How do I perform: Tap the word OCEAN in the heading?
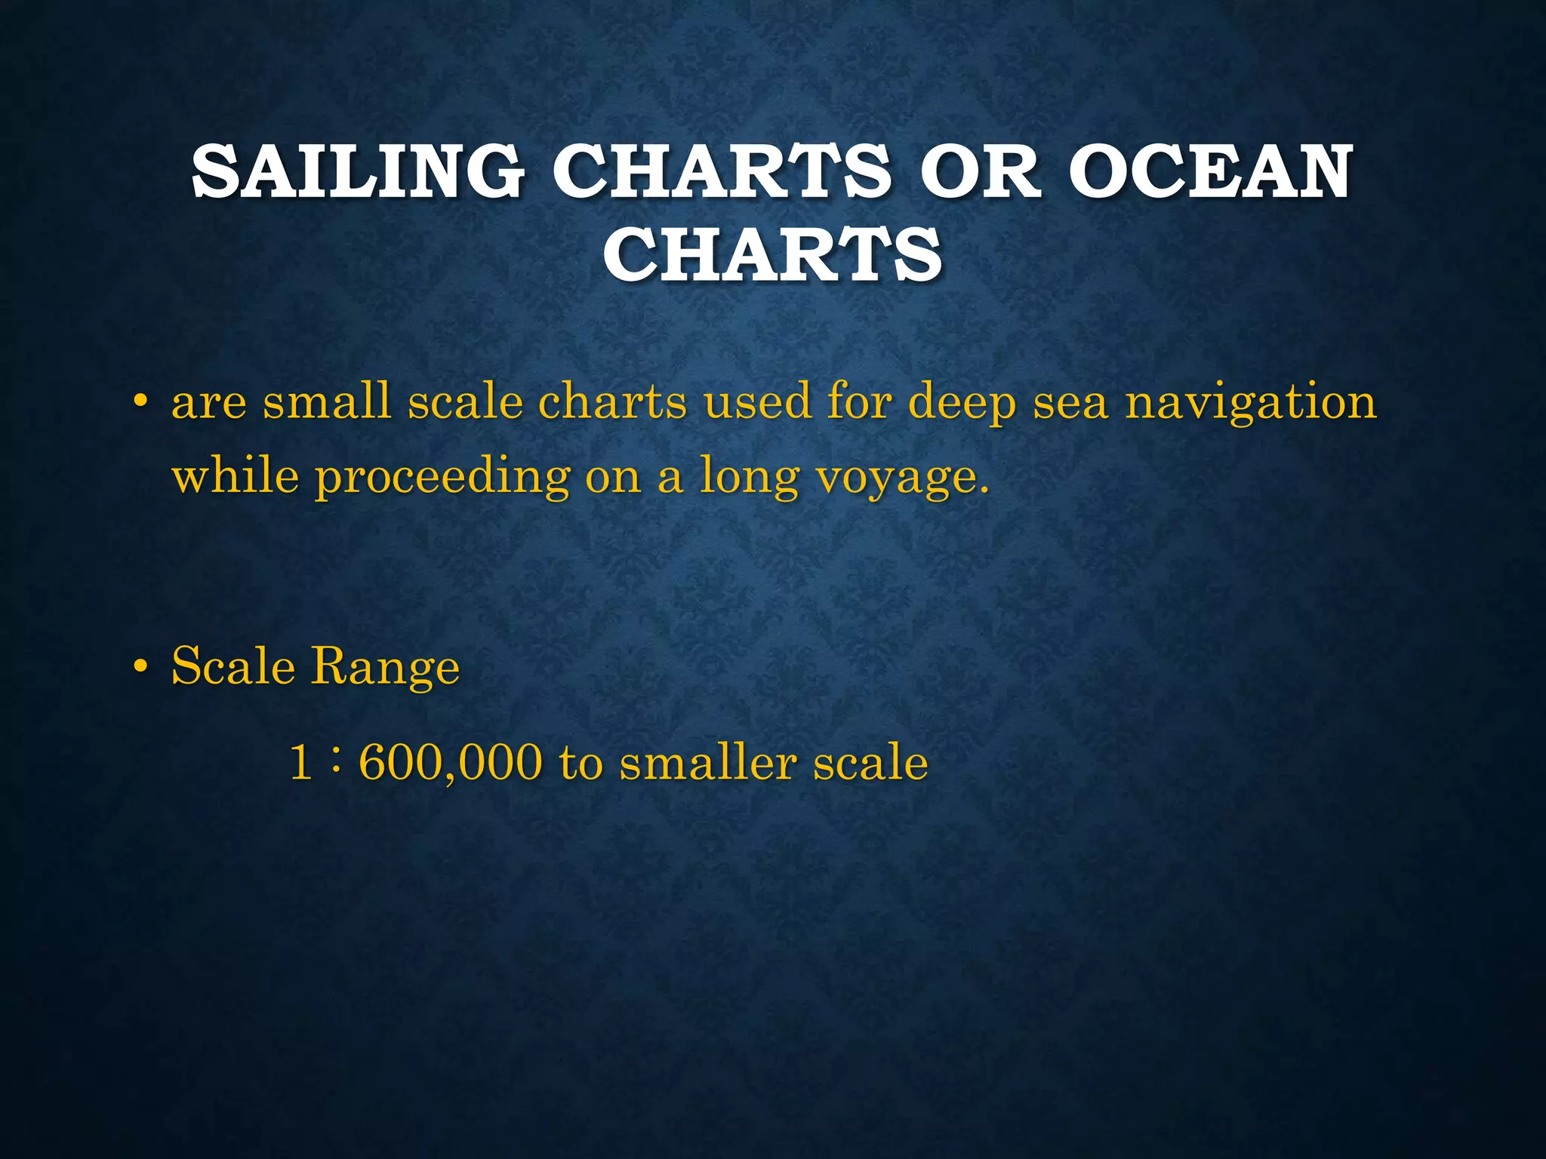coord(1209,173)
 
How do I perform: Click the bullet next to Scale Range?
coord(139,667)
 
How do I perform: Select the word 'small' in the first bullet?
coord(326,401)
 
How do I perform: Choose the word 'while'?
coord(235,476)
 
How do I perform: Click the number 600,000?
coord(450,763)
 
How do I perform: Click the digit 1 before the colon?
coord(300,762)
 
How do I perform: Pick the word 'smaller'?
coord(707,763)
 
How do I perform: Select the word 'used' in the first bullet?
coord(756,401)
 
